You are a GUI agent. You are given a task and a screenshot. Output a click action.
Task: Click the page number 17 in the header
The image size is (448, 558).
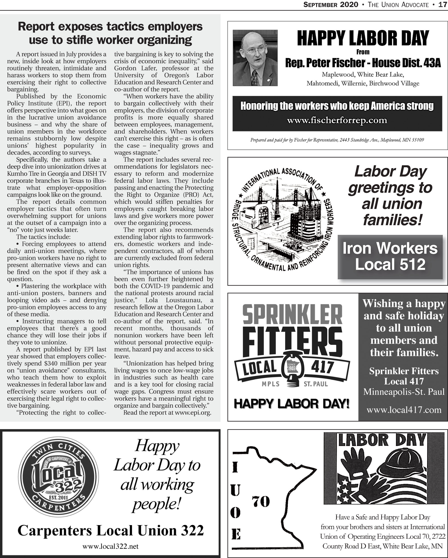pyautogui.click(x=442, y=5)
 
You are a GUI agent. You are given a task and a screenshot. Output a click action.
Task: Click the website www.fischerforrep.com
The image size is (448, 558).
pyautogui.click(x=337, y=120)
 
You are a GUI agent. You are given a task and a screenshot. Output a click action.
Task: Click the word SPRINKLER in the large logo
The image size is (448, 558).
pyautogui.click(x=292, y=314)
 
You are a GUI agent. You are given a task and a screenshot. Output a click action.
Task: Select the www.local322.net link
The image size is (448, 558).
pyautogui.click(x=110, y=546)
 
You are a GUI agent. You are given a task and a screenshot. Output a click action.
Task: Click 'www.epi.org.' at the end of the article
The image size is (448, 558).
pyautogui.click(x=193, y=413)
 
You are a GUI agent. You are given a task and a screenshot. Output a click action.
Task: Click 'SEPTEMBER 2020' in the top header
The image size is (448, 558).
pyautogui.click(x=331, y=5)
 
